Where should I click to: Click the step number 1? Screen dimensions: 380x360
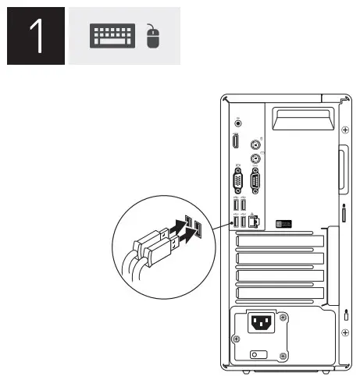pos(35,37)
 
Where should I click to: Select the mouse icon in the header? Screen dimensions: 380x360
pos(153,37)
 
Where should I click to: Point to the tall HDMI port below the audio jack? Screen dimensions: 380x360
pos(236,142)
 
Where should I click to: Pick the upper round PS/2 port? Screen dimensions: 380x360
pos(254,144)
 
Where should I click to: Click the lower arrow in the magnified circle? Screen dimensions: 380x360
pos(187,231)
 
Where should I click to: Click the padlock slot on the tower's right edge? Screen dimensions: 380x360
pos(344,212)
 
